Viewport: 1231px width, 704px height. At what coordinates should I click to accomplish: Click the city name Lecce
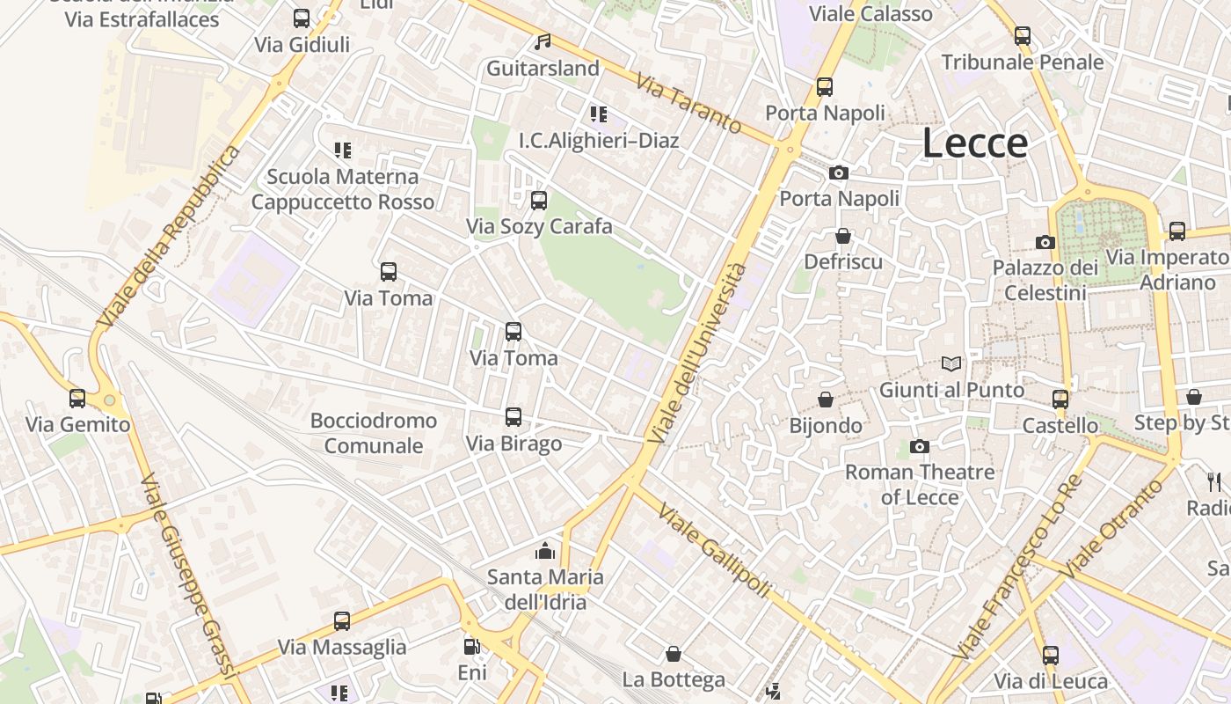tap(974, 143)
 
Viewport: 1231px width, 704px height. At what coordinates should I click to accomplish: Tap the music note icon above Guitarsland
tap(543, 42)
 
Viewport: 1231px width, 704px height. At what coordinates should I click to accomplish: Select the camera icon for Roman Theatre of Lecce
tap(920, 447)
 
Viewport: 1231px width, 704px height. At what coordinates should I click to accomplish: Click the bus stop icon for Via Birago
tap(514, 417)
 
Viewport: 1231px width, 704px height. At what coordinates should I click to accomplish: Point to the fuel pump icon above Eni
tap(472, 647)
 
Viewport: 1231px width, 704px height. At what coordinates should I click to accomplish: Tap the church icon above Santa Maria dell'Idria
tap(545, 552)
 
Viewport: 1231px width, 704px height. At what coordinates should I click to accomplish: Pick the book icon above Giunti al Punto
tap(951, 363)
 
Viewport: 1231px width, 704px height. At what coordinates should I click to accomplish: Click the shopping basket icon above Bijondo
tap(826, 400)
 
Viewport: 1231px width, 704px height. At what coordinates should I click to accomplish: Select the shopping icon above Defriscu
tap(843, 236)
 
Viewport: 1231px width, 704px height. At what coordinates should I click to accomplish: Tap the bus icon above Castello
tap(1060, 400)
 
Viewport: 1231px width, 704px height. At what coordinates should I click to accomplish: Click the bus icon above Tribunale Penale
tap(1023, 36)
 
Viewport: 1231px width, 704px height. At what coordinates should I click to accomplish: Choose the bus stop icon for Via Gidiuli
tap(302, 18)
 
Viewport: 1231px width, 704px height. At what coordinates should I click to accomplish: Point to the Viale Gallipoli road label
tap(713, 551)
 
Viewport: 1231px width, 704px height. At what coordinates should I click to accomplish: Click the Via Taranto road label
tap(688, 103)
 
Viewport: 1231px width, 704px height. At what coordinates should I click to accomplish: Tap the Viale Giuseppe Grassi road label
tap(189, 576)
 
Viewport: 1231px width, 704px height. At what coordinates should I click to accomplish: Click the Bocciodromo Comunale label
tap(374, 433)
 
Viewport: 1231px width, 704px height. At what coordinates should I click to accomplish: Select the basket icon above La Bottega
tap(674, 654)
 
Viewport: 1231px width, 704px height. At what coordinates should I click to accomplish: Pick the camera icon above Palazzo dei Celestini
tap(1045, 242)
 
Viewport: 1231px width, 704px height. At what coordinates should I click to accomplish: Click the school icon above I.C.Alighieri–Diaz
tap(599, 114)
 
